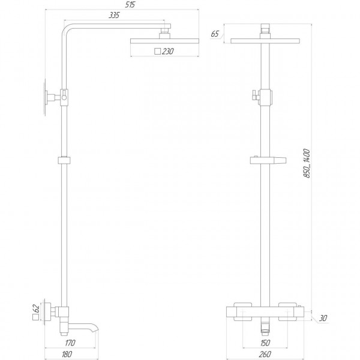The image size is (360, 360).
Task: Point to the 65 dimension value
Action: tap(215, 34)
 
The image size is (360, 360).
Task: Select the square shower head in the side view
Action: tap(151, 41)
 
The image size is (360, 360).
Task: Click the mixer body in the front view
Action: tap(263, 313)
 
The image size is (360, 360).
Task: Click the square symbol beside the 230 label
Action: tap(157, 52)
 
